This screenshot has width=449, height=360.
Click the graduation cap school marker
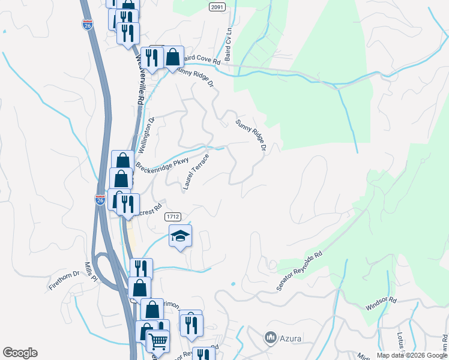pos(180,236)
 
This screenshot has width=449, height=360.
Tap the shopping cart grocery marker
pos(157,341)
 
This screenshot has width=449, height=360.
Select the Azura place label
pos(290,338)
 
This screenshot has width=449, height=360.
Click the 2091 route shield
pos(218,7)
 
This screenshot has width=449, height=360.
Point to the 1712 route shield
pos(173,216)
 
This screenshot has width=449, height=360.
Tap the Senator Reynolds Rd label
pos(299,271)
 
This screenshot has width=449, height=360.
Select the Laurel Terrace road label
pos(196,172)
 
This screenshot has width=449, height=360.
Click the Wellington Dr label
pos(146,135)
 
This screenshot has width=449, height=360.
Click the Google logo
pos(20,353)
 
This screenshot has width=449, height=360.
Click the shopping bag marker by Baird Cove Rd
pos(173,58)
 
